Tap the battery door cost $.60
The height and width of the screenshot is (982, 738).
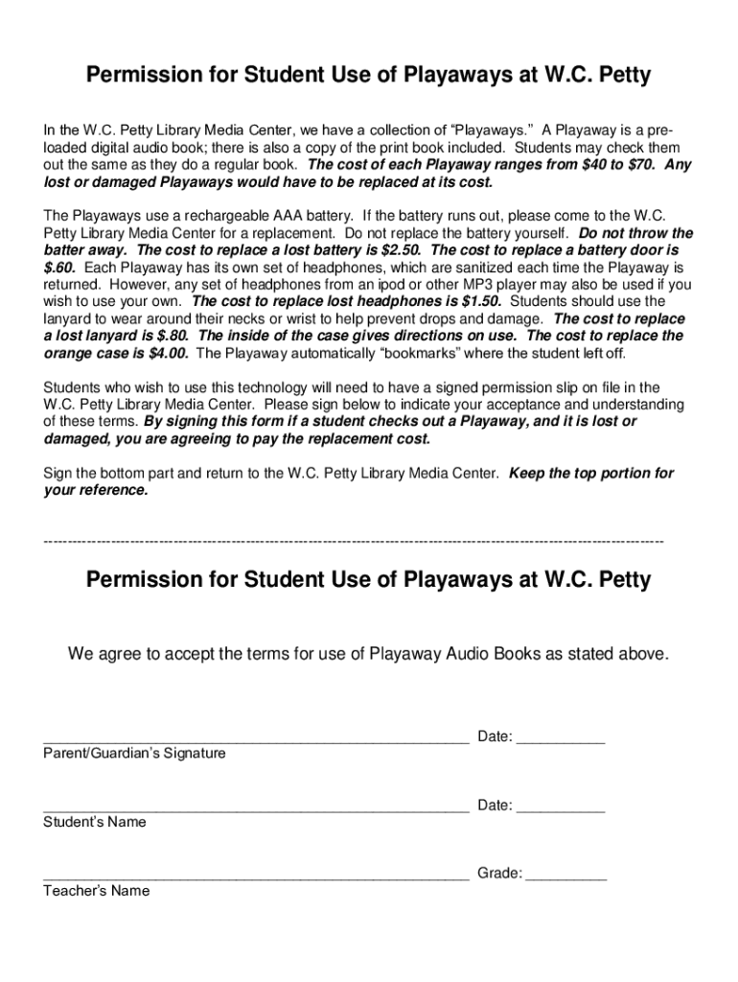point(59,268)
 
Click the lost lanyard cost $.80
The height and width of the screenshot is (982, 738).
point(169,337)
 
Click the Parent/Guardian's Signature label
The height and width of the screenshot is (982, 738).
point(134,754)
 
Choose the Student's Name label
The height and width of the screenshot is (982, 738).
point(95,823)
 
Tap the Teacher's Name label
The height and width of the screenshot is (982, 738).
point(96,892)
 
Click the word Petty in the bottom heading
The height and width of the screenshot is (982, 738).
point(622,580)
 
